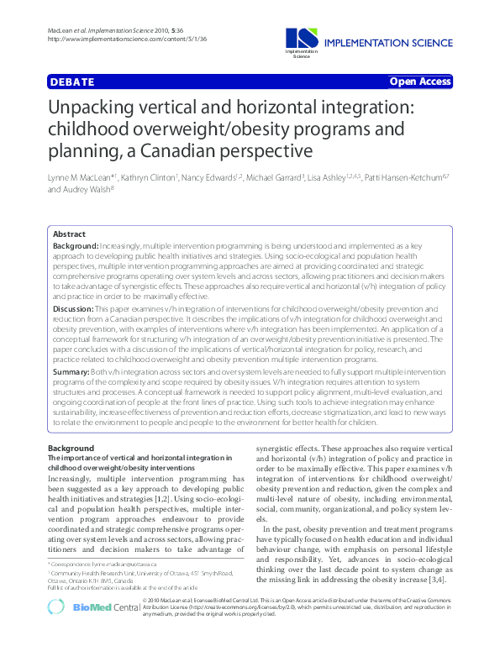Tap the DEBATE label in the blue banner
click(71, 82)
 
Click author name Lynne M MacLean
click(78, 178)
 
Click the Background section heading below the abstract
click(71, 449)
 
